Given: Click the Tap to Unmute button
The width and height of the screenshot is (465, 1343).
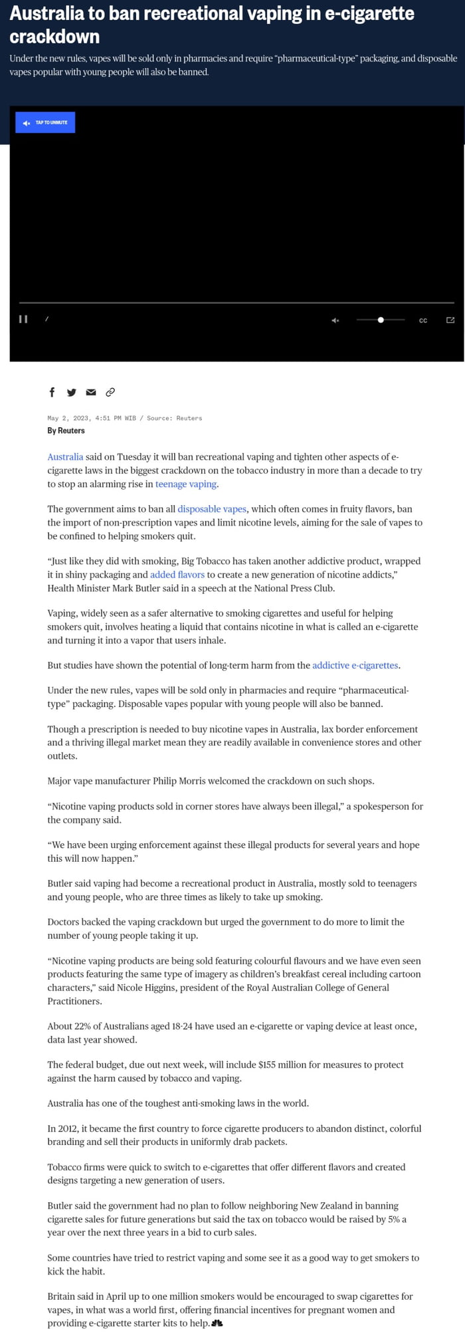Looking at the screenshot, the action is point(45,122).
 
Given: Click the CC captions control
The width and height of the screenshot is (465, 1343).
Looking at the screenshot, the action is point(423,320).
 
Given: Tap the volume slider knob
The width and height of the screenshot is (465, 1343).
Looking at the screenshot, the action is point(381,320).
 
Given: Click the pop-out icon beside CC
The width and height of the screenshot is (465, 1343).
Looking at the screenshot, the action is point(450,320).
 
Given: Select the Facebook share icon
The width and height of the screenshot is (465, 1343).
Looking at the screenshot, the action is point(52,392).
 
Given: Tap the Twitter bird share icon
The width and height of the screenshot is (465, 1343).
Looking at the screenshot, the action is point(72,392).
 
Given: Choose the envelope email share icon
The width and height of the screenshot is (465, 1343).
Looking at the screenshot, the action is point(91,392).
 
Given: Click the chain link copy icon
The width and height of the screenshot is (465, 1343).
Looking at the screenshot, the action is point(110,392).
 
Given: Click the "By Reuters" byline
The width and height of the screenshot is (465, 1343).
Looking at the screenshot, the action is point(66,431).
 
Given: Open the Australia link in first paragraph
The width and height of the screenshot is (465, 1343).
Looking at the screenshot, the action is point(65,457).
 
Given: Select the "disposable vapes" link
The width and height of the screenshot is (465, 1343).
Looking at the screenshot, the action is point(212,509).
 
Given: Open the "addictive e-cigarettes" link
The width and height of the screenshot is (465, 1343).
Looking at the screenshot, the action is point(355,665).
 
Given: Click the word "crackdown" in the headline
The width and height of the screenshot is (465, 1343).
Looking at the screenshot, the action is point(54,37).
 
